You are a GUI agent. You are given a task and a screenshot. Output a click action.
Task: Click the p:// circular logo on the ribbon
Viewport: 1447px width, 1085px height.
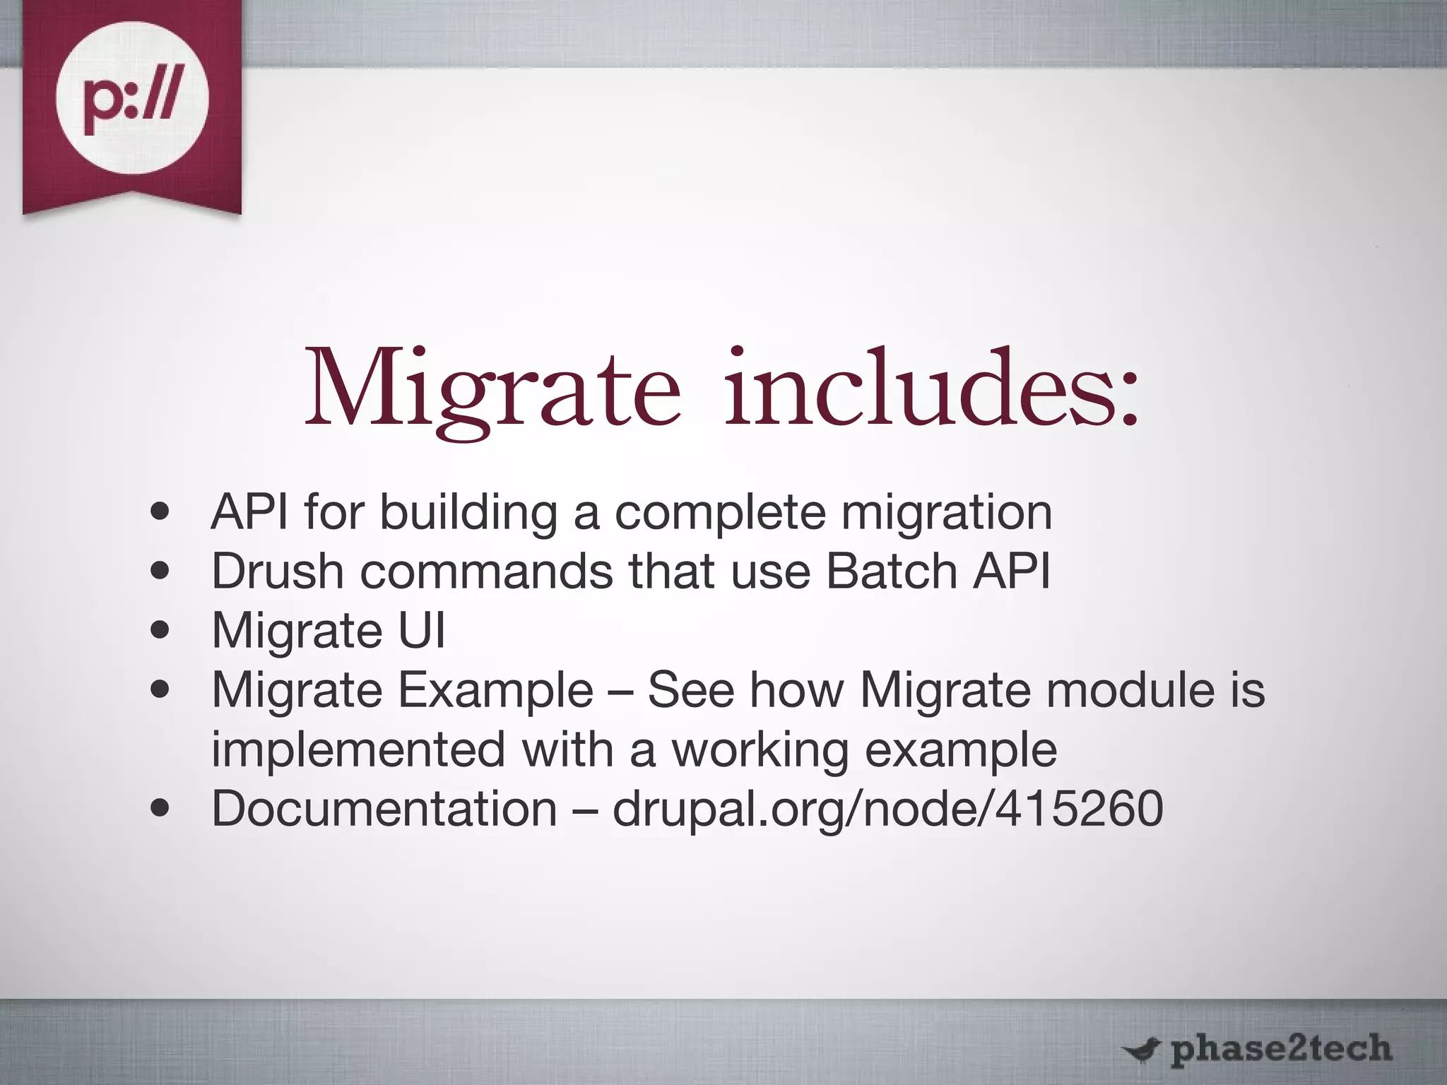coord(132,97)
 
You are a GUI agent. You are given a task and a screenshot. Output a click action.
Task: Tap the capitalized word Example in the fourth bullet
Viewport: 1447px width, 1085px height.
coord(495,691)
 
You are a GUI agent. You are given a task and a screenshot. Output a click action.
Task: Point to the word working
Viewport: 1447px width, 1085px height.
coord(760,751)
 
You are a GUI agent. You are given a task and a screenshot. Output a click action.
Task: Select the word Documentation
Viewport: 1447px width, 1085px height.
coord(384,809)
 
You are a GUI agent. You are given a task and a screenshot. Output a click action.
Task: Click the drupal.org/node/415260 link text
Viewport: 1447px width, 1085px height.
coord(887,810)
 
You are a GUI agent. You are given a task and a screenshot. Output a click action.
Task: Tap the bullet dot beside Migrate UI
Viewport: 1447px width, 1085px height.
coord(160,630)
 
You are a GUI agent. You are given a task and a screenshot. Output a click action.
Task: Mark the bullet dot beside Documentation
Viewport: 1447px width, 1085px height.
coord(160,809)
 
